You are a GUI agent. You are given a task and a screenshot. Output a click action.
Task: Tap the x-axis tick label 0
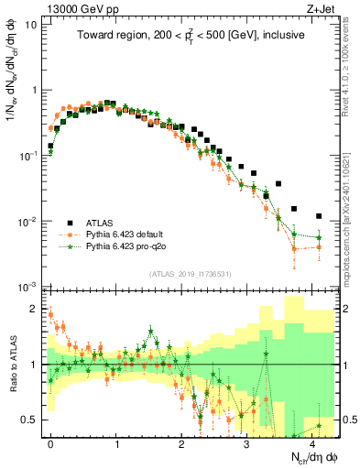50,442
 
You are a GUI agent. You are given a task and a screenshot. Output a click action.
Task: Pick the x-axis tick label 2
181,442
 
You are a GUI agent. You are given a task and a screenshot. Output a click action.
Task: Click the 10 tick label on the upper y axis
30,25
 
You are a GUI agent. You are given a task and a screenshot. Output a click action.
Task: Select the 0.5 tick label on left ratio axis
28,420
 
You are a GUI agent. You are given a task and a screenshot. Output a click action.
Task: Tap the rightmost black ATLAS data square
319,216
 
